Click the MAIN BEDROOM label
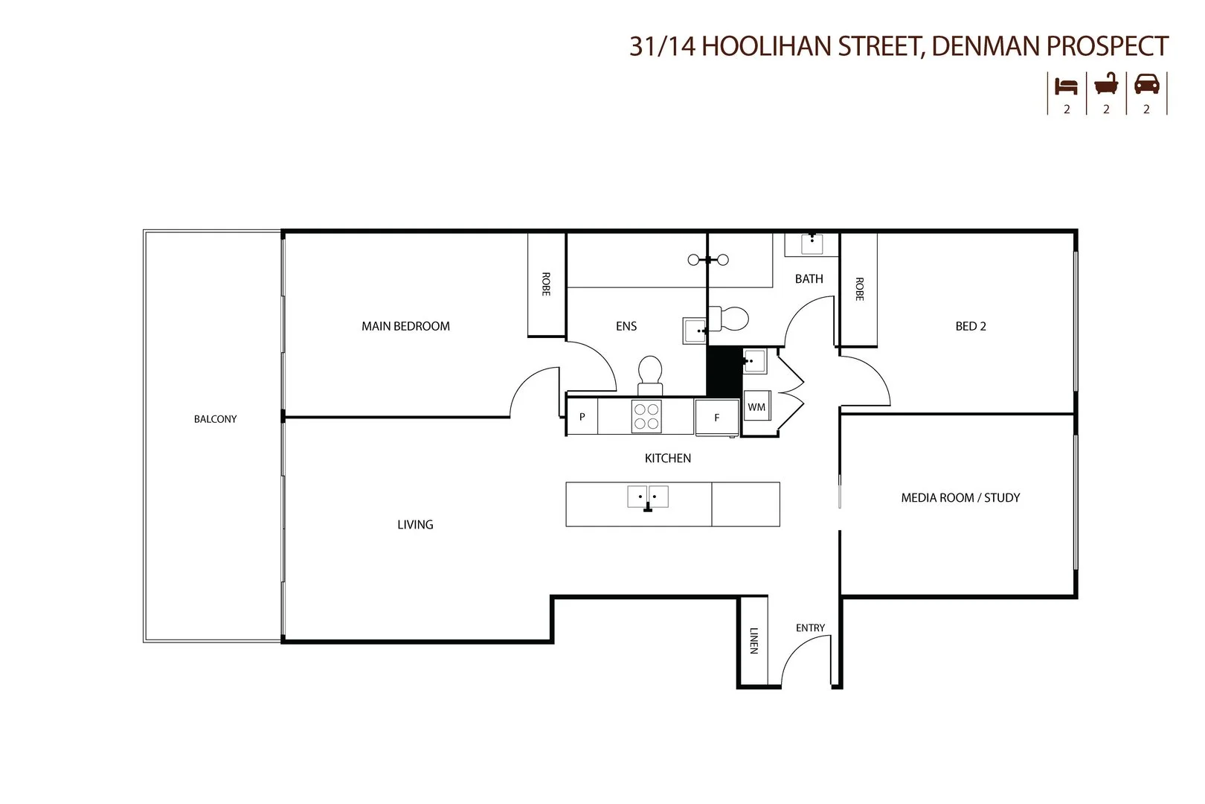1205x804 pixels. tap(405, 326)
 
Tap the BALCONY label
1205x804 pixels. tap(215, 419)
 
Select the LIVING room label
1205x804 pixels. tap(415, 525)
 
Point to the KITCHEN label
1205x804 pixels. tap(667, 459)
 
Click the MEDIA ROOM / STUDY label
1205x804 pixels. tap(960, 498)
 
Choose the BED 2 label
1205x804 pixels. tap(971, 326)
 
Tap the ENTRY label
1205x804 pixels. tap(810, 628)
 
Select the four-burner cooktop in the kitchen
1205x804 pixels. tap(646, 417)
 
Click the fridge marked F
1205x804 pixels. tap(717, 418)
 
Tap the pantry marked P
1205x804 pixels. tap(582, 417)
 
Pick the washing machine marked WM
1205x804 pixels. tap(756, 407)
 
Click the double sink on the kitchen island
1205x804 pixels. tap(648, 497)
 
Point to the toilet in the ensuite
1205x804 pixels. tap(650, 372)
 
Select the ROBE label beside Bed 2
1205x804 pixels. tap(859, 289)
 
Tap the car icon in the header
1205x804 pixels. tap(1146, 85)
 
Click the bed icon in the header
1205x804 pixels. tap(1066, 85)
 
